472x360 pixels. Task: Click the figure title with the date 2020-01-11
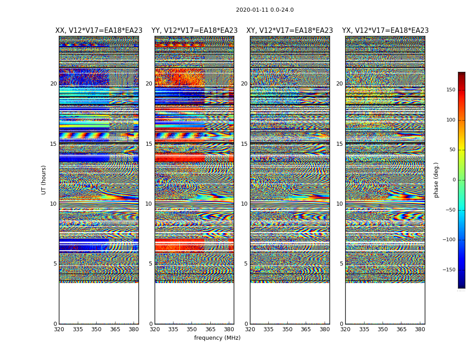[x=265, y=10]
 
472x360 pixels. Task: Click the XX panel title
[x=99, y=31]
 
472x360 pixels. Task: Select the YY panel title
[x=194, y=31]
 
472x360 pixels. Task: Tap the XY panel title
[x=289, y=31]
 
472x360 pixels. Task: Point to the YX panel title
[x=385, y=31]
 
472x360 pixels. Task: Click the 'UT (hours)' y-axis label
[x=44, y=180]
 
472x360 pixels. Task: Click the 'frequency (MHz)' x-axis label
[x=217, y=338]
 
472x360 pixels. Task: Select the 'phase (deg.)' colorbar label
[x=436, y=180]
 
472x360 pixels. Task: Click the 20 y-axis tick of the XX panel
[x=53, y=84]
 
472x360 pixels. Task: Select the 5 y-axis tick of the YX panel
[x=341, y=264]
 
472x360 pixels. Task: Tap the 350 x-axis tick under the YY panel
[x=192, y=329]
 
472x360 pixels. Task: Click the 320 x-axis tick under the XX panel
[x=59, y=329]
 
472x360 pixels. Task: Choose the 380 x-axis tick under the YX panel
[x=420, y=329]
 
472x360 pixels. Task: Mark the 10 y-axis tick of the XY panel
[x=244, y=204]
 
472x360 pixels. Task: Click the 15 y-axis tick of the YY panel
[x=149, y=144]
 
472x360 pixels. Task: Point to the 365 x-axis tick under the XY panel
[x=306, y=329]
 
